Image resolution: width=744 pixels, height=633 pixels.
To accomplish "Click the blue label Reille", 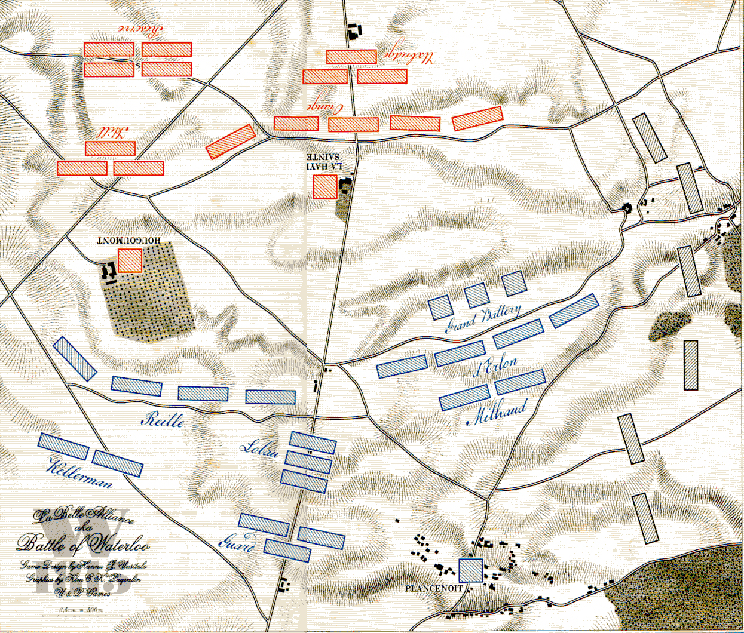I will pyautogui.click(x=163, y=419).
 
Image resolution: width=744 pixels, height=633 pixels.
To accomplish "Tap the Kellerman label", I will pyautogui.click(x=81, y=474).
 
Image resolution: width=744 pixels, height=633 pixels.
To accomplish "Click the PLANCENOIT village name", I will pyautogui.click(x=433, y=588).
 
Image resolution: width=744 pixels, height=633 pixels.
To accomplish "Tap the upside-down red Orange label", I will pyautogui.click(x=326, y=108).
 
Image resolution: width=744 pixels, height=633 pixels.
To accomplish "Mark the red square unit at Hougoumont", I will pyautogui.click(x=130, y=260).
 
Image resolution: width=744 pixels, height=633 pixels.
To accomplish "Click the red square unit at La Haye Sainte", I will pyautogui.click(x=325, y=186).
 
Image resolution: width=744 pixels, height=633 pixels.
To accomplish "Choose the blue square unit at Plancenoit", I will pyautogui.click(x=470, y=570).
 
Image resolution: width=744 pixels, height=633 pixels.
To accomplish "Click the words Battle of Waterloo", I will pyautogui.click(x=84, y=544).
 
